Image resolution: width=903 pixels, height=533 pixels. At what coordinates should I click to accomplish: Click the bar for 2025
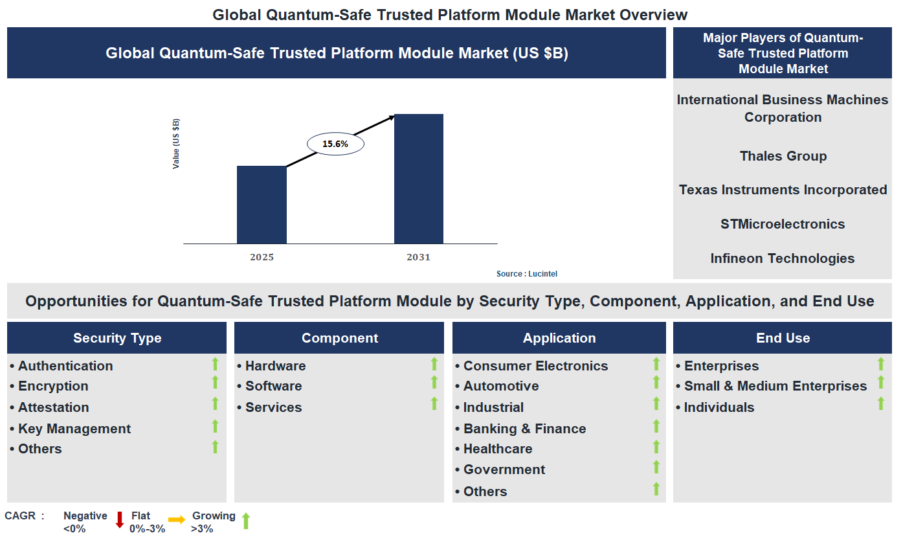tap(262, 205)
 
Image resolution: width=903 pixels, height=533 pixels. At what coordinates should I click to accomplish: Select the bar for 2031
tap(419, 179)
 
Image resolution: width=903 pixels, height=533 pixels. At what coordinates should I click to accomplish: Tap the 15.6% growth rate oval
tap(335, 144)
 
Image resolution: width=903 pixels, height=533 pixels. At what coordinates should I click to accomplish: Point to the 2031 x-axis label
tap(418, 257)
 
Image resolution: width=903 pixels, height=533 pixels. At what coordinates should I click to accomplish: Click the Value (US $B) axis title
tap(176, 144)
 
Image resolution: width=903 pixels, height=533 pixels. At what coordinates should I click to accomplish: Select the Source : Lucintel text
tap(526, 274)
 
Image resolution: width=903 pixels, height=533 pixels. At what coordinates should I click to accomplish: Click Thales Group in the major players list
tap(783, 156)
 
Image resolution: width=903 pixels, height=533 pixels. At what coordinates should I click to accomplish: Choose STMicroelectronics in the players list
tap(783, 224)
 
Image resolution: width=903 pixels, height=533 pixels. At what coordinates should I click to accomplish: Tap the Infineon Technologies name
tap(783, 258)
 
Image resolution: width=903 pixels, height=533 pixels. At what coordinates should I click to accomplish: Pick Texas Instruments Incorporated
tap(783, 190)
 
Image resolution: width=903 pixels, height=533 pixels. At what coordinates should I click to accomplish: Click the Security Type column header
tap(117, 338)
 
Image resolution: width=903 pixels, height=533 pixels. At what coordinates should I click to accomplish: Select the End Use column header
tap(783, 338)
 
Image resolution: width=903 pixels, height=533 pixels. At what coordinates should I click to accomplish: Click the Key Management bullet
tap(74, 429)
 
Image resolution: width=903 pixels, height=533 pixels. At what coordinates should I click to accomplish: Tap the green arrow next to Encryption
tap(216, 383)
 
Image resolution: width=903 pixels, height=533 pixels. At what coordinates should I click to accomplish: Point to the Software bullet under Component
tap(273, 386)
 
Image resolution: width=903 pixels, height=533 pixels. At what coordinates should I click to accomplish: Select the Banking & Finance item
tap(524, 429)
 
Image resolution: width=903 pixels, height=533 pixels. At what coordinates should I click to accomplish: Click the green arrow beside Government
tap(656, 468)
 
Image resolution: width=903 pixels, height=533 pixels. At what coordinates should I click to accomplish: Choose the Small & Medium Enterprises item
tap(775, 386)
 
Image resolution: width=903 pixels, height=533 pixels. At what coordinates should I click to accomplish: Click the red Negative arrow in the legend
tap(119, 519)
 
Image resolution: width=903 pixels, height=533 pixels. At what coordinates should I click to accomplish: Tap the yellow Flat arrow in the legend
tap(177, 519)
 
